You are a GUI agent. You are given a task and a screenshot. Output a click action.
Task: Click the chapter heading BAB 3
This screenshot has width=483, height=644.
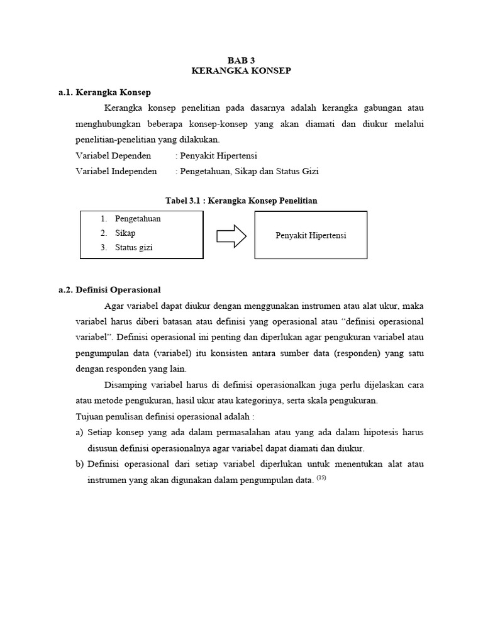[x=241, y=60]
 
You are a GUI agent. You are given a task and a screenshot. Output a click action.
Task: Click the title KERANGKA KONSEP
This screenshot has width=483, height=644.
[x=241, y=71]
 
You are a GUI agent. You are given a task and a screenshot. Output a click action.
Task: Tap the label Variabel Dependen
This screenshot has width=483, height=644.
[x=113, y=155]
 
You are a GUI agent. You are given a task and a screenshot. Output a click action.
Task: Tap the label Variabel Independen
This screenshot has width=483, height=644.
[x=116, y=171]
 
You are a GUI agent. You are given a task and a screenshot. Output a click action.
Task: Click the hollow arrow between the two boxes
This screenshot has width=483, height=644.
[x=230, y=235]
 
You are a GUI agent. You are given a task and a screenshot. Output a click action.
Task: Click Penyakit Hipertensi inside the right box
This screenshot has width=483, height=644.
[x=311, y=235]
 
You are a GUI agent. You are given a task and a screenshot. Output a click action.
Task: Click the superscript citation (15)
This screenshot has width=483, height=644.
[x=321, y=478]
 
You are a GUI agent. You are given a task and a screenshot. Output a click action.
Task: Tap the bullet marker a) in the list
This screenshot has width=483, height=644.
[x=80, y=432]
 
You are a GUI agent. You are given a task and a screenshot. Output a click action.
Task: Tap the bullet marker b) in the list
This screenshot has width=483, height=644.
[x=80, y=464]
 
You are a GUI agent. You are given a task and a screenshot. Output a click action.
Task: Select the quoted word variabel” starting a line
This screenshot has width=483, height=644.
[x=94, y=337]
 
